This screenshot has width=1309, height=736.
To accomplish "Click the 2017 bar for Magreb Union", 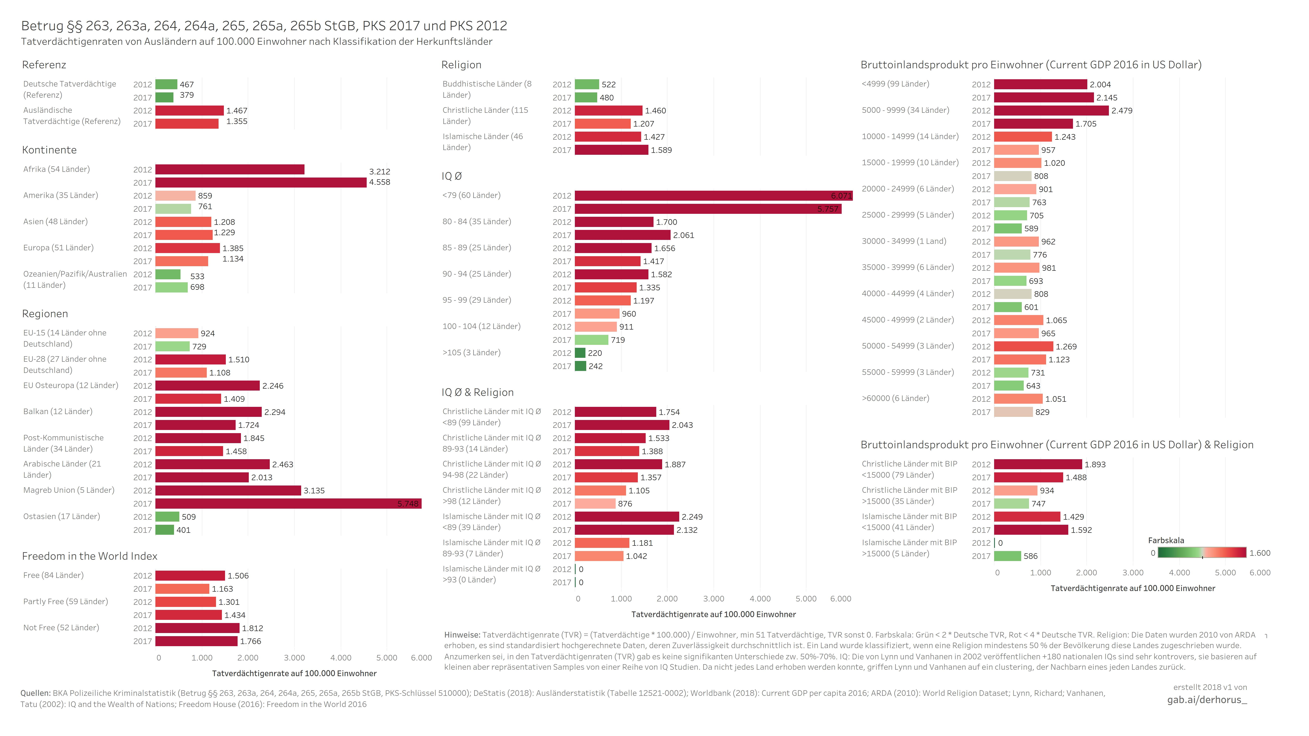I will tap(288, 503).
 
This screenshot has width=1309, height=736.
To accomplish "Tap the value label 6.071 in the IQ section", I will tap(841, 196).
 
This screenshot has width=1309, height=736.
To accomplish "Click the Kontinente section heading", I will tap(49, 150).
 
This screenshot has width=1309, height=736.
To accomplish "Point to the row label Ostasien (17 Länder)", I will tap(61, 516).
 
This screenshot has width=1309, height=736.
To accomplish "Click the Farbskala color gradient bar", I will tap(1202, 553).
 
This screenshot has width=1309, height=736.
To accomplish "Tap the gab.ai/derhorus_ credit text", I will tap(1207, 700).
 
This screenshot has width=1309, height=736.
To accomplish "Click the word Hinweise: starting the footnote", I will tap(462, 635).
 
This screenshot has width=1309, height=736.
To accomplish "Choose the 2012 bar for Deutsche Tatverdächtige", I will tap(166, 84).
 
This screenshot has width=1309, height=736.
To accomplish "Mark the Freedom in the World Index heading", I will tap(89, 556).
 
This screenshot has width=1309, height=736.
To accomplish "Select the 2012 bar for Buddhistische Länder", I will tap(587, 84).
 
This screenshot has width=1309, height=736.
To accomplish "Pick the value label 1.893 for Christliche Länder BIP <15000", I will tap(1095, 464).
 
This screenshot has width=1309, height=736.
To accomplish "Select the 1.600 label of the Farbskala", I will tap(1260, 553).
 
